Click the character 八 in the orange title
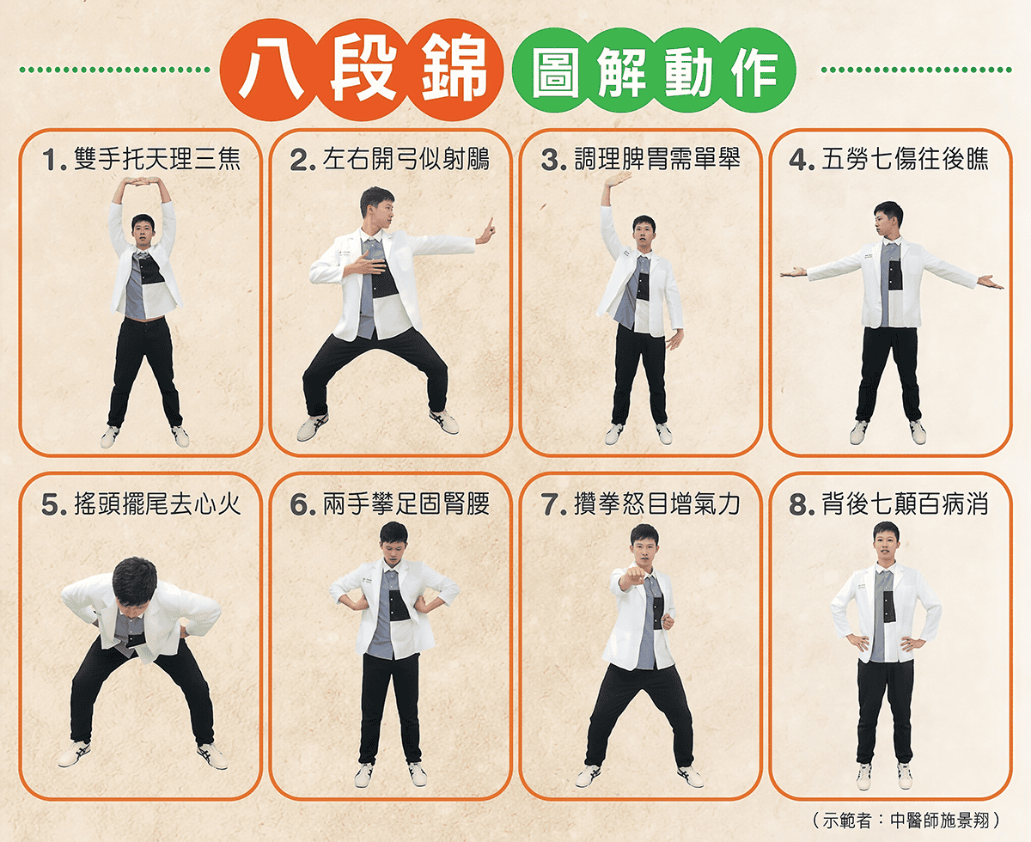tap(271, 70)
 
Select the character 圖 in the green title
tap(555, 71)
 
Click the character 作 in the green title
tap(754, 71)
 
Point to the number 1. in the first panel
tap(54, 160)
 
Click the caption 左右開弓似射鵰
tap(406, 160)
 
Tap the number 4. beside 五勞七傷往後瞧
tap(802, 160)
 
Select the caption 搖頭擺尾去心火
tap(157, 503)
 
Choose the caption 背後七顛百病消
tap(905, 503)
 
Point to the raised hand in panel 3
tap(618, 180)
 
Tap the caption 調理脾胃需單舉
tap(657, 160)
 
